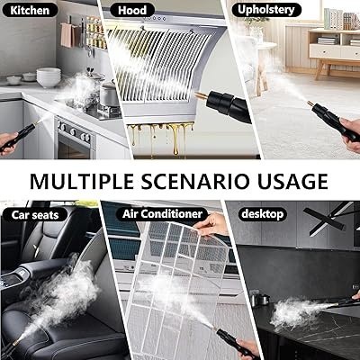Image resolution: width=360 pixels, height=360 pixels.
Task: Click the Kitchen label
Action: point(30,10)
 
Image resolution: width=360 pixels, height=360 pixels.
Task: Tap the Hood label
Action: point(132,10)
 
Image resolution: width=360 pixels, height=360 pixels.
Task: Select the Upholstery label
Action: point(266,10)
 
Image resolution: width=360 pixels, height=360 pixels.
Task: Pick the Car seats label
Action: point(35,215)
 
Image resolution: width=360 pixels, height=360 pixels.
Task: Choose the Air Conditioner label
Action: point(162,214)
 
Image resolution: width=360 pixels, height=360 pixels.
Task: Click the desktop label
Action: point(262,214)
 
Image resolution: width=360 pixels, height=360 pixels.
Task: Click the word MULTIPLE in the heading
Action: point(82,181)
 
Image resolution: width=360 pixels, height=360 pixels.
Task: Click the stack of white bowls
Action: point(49,77)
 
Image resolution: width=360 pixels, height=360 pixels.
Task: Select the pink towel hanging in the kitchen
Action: point(67,35)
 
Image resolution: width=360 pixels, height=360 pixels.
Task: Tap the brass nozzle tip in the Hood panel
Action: point(201,96)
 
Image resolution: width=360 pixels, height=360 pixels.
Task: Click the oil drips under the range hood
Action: point(160,138)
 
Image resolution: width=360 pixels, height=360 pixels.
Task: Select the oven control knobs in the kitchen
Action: point(74,132)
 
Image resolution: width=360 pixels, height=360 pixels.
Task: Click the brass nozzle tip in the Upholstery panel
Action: point(310,104)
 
